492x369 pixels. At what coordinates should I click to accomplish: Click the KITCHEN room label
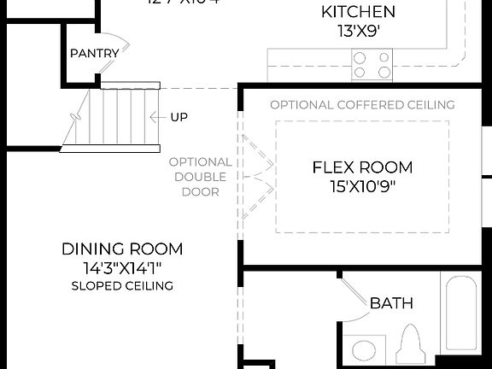coord(358,12)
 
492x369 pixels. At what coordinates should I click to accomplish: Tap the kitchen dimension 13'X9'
coord(358,30)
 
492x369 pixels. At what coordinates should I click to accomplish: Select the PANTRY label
coord(95,53)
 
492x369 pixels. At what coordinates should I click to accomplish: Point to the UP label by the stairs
coord(179,117)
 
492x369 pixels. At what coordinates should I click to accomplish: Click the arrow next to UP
coord(157,117)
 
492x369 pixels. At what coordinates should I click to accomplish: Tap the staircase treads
coord(111,117)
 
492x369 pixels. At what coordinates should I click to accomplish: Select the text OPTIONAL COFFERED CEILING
coord(362,105)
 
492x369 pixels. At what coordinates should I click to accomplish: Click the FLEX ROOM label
coord(361,167)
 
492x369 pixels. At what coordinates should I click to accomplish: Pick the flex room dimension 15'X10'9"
coord(361,185)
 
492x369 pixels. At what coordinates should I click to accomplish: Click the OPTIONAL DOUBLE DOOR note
coord(200,177)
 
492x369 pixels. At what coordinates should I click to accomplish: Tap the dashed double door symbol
coord(256,177)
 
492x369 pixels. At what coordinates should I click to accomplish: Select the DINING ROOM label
coord(122,249)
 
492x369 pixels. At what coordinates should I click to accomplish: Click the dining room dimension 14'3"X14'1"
coord(122,268)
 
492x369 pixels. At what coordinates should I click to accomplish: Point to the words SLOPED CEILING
coord(122,285)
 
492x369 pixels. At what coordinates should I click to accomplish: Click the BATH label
coord(391,303)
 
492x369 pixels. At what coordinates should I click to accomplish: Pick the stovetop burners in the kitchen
coord(372,65)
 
